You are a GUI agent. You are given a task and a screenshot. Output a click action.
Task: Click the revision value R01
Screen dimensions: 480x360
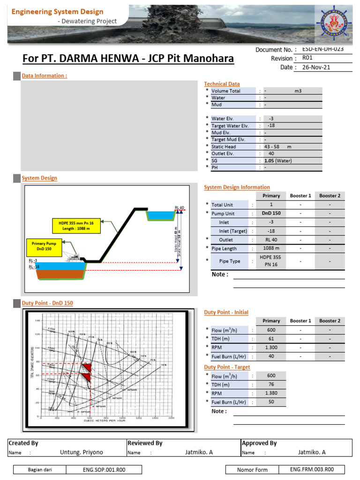pos(307,59)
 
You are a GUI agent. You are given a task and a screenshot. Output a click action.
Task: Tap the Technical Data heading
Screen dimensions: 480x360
pos(222,84)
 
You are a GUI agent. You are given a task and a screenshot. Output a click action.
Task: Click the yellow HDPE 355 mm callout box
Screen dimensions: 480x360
pos(76,226)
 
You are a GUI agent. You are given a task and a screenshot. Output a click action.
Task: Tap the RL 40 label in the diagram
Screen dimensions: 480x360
pos(180,207)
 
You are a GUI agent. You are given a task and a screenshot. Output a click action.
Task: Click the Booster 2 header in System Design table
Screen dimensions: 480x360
pos(330,195)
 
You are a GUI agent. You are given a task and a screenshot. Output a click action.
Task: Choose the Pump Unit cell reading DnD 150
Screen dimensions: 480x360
pos(271,213)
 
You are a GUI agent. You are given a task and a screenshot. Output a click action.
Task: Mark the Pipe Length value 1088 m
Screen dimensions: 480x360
pos(271,248)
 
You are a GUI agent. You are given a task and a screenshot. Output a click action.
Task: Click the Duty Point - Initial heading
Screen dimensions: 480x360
pos(226,312)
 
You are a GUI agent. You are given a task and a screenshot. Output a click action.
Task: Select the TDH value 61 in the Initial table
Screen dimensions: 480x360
pos(271,339)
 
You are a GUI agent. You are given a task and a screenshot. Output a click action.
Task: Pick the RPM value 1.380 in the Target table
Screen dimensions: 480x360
pos(271,393)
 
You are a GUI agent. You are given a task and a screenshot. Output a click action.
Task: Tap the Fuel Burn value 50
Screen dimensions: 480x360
pos(271,402)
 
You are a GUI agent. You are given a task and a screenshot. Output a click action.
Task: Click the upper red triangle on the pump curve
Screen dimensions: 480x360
pos(86,367)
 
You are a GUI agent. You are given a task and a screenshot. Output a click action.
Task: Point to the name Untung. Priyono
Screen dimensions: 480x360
pos(82,452)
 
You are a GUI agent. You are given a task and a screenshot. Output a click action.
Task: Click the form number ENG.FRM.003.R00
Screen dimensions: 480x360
pos(312,469)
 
